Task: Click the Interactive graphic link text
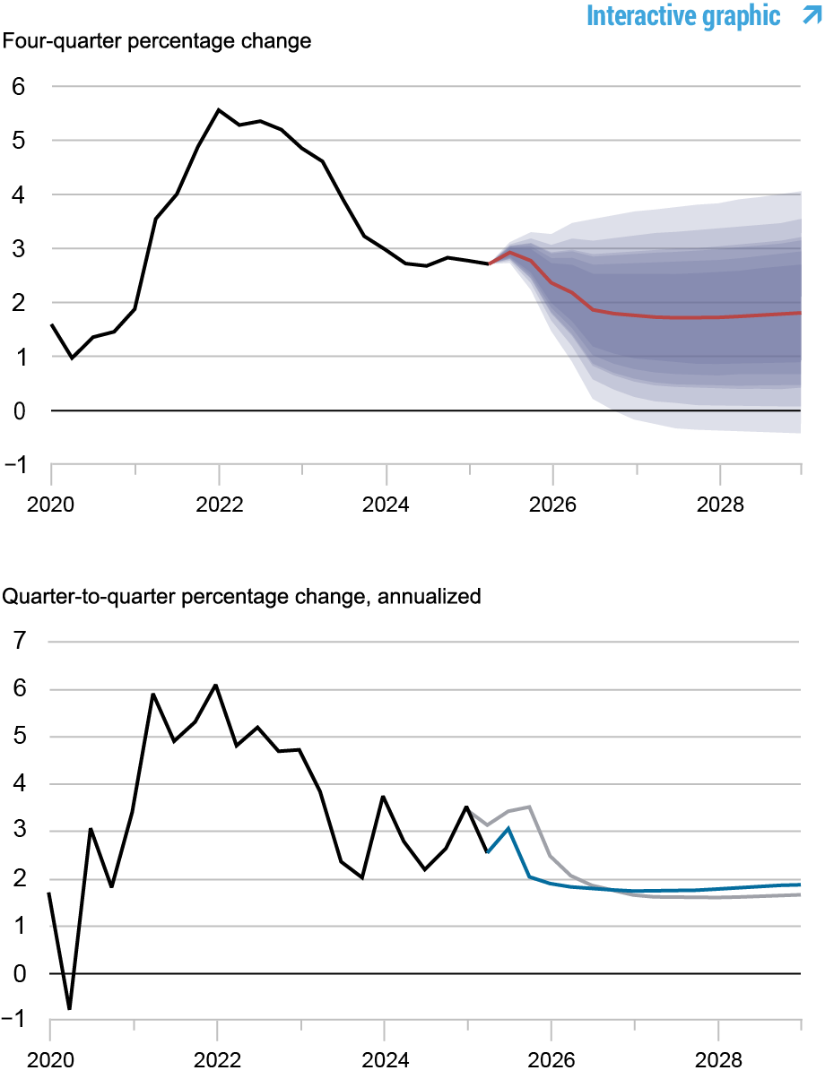(x=683, y=15)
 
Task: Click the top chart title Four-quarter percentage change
(x=158, y=42)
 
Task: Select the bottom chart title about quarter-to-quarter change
(x=243, y=596)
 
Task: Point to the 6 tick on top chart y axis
(x=19, y=87)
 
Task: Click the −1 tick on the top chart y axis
(x=15, y=464)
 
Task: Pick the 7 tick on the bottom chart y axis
(x=19, y=642)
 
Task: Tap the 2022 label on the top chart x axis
(x=219, y=504)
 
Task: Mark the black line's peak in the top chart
(x=219, y=109)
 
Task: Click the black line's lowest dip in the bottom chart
(x=69, y=1009)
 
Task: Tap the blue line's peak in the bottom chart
(x=508, y=828)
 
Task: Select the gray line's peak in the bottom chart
(x=530, y=807)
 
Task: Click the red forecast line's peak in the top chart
(x=509, y=252)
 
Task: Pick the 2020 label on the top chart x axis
(x=51, y=504)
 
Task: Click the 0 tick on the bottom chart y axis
(x=19, y=973)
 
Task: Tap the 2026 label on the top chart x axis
(x=552, y=504)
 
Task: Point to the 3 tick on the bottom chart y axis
(x=19, y=832)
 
